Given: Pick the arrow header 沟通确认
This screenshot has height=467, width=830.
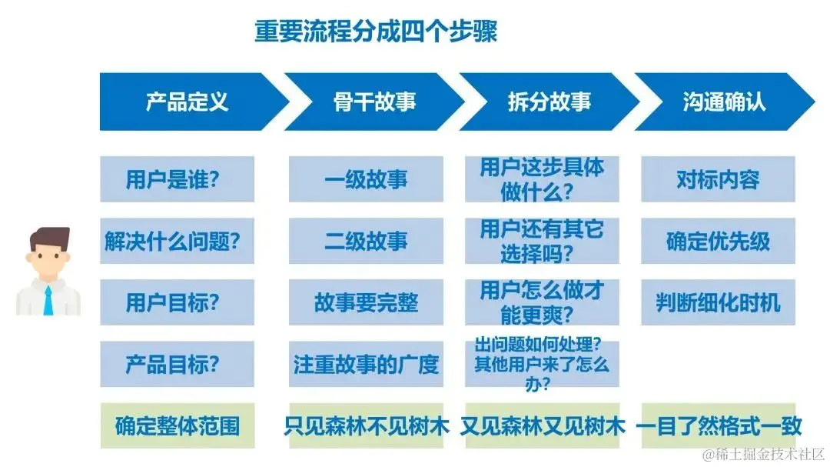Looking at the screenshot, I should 723,102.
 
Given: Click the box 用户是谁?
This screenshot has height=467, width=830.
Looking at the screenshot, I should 177,179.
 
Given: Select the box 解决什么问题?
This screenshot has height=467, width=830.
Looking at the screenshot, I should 177,241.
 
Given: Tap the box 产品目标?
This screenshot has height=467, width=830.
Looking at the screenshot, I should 177,364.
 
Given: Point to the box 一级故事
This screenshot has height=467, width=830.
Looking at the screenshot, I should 366,179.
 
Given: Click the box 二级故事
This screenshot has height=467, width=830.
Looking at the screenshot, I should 366,241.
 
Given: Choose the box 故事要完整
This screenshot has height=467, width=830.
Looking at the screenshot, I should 366,302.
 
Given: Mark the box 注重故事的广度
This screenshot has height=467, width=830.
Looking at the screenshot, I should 366,364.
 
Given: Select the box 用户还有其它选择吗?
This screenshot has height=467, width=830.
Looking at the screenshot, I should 542,241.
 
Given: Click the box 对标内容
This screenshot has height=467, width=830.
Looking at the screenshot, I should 718,179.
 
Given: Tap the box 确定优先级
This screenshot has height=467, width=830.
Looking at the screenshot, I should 718,241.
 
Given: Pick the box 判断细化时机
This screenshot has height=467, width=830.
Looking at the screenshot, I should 718,302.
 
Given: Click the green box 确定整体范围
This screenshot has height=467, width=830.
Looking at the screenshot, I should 177,425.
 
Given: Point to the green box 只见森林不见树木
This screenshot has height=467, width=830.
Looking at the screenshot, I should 366,425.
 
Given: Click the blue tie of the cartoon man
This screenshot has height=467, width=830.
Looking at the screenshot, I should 48,300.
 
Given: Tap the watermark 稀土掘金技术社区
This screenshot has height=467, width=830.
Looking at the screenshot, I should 769,454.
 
